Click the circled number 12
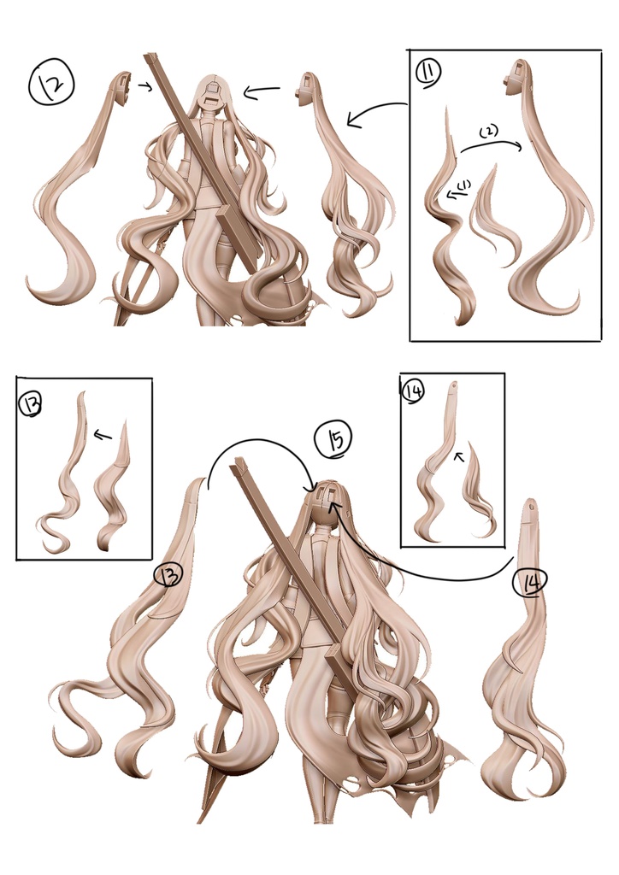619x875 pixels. [x=50, y=84]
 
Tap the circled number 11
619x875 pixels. [x=428, y=72]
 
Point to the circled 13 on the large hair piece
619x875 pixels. [x=168, y=574]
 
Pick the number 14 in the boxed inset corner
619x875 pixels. [x=413, y=391]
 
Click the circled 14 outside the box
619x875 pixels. [x=529, y=582]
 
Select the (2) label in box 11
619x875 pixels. [x=488, y=132]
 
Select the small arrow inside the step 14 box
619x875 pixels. [x=459, y=456]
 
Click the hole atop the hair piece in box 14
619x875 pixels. [x=454, y=384]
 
